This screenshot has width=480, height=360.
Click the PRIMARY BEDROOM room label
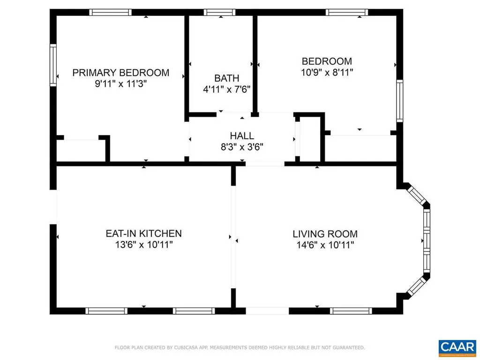click(x=120, y=73)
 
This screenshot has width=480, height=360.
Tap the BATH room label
click(x=227, y=78)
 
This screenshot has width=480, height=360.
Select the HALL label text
click(x=242, y=136)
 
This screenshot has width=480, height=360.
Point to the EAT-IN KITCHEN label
click(x=143, y=233)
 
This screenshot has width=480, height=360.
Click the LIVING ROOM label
click(x=325, y=234)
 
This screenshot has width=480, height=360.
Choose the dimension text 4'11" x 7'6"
click(x=227, y=89)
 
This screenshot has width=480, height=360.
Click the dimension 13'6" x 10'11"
click(x=143, y=245)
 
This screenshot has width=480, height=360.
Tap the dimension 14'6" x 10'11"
click(x=325, y=245)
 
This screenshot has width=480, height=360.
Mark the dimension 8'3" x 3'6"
click(x=242, y=147)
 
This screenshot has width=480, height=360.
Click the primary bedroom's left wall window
click(x=53, y=65)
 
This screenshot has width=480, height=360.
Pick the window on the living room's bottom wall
click(x=351, y=310)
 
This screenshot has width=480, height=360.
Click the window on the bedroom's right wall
click(x=399, y=101)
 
